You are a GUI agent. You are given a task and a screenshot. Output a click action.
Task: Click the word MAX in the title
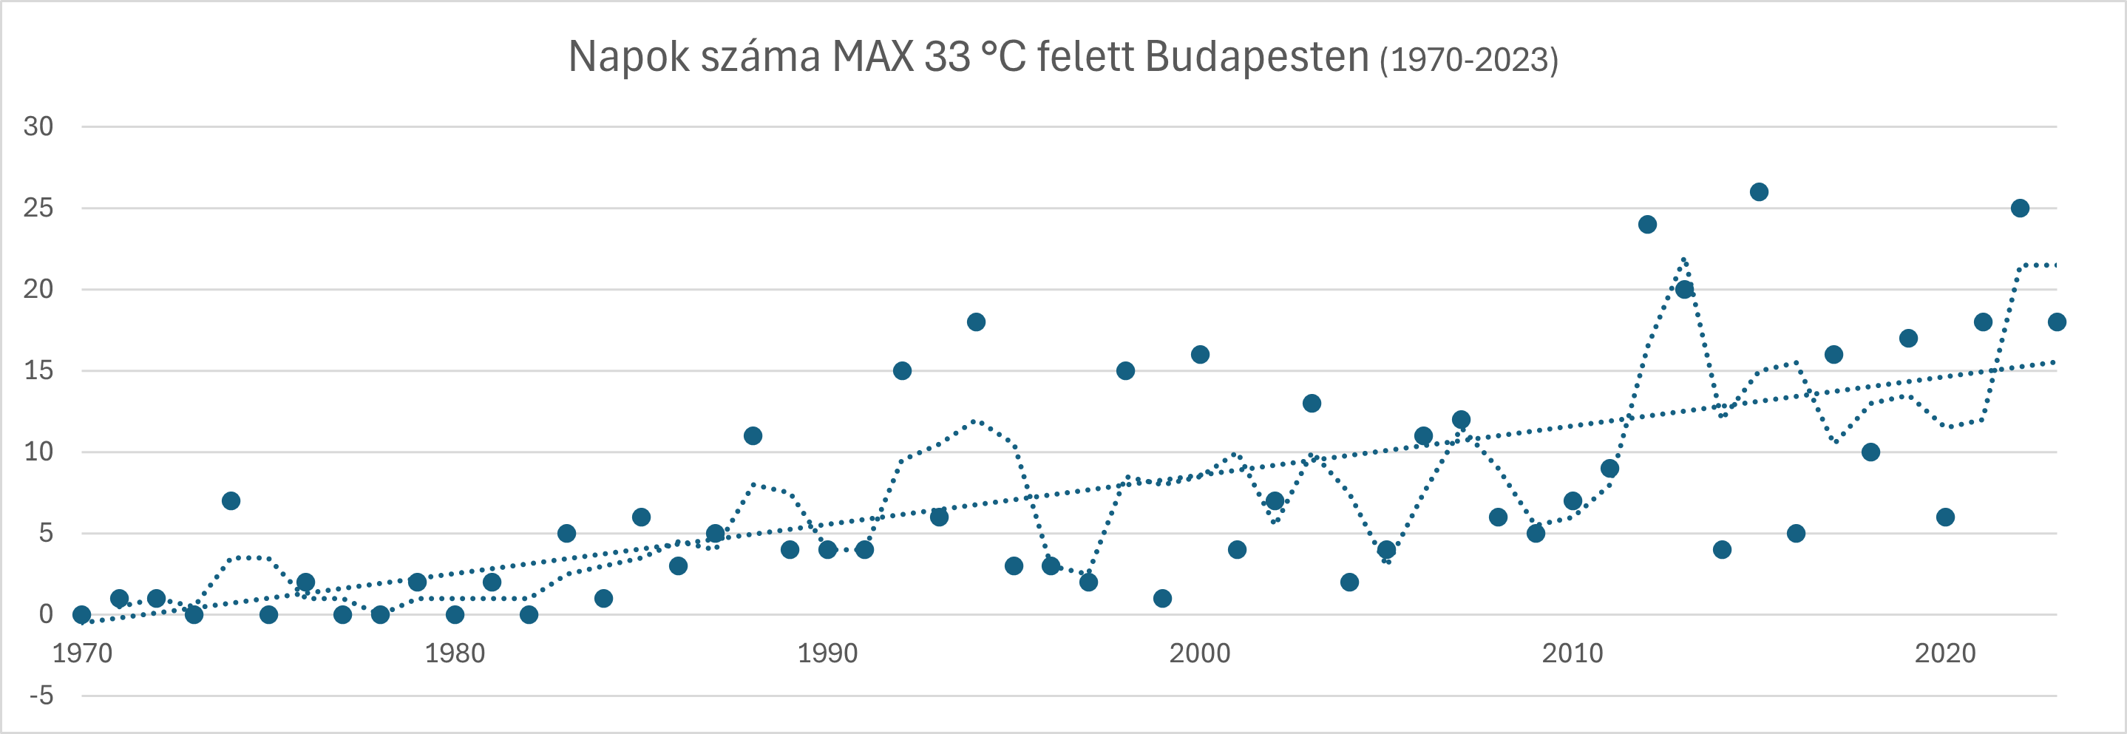(x=872, y=58)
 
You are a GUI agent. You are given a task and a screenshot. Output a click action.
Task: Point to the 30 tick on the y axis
(x=38, y=126)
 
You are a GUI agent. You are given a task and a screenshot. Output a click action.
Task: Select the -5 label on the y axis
(x=41, y=696)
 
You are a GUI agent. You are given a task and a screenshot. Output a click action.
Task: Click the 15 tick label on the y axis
(x=38, y=371)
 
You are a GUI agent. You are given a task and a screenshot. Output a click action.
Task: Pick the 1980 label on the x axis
(x=454, y=653)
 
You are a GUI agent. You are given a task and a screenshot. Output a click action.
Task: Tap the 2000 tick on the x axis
(x=1199, y=653)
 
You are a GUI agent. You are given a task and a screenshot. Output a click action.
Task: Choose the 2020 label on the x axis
(x=1944, y=653)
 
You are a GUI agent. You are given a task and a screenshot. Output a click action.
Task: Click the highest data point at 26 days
(x=1759, y=191)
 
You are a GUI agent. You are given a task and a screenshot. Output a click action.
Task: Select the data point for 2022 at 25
(x=2020, y=208)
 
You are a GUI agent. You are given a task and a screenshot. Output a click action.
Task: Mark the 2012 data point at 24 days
(x=1647, y=225)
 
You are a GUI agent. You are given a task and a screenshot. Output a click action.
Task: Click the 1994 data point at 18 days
(x=976, y=322)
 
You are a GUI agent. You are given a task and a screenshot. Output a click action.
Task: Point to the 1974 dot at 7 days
(x=231, y=501)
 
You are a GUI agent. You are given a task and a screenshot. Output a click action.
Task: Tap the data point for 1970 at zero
(x=82, y=614)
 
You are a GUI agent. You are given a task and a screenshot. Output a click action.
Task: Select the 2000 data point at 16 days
(x=1200, y=355)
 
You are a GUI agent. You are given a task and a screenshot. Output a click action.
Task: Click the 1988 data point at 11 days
(x=752, y=436)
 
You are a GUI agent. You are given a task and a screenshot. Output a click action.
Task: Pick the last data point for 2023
(x=2057, y=322)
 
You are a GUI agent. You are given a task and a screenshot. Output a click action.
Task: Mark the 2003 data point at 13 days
(x=1312, y=404)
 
